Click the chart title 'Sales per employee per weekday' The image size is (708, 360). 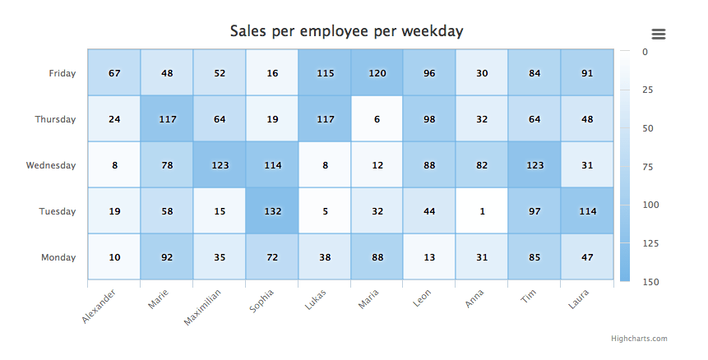(x=346, y=31)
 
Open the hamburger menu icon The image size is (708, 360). (x=658, y=34)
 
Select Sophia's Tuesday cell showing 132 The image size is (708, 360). (x=272, y=211)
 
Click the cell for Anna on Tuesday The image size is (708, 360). (x=482, y=211)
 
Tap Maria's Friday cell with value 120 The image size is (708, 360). (x=377, y=73)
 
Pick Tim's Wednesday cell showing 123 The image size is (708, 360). (x=534, y=165)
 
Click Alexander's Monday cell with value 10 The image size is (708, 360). (x=114, y=257)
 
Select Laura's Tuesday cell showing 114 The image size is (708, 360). (x=587, y=211)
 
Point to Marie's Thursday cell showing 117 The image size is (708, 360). (x=167, y=119)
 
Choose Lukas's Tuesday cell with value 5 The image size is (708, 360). (x=325, y=211)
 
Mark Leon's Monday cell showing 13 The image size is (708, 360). (x=429, y=257)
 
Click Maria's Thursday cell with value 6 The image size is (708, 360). (x=377, y=119)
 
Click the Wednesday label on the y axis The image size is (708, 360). (x=51, y=165)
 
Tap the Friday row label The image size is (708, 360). (x=62, y=73)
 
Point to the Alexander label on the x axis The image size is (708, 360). (x=99, y=305)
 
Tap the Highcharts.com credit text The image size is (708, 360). (x=639, y=338)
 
